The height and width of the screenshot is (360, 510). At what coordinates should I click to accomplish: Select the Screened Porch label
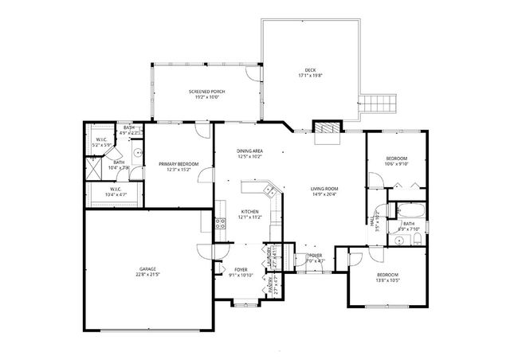click(x=206, y=92)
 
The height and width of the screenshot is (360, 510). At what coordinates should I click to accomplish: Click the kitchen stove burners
click(x=220, y=224)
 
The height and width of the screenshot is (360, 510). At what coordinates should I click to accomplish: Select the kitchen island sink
click(x=270, y=191)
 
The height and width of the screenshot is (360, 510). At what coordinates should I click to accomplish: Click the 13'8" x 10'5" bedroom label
click(x=388, y=277)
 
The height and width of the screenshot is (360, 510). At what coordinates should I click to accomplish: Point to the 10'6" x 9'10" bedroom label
click(x=396, y=162)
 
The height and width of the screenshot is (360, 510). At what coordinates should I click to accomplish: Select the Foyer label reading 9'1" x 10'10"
click(x=240, y=272)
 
